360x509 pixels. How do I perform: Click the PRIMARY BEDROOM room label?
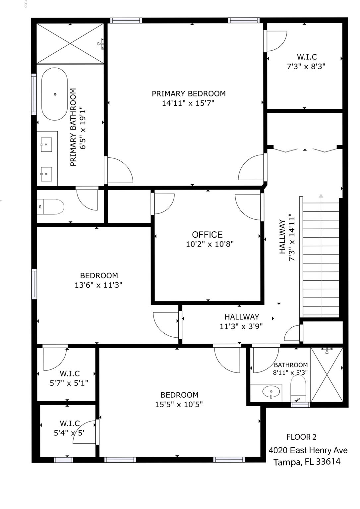coord(189,94)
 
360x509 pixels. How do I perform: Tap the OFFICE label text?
coord(207,235)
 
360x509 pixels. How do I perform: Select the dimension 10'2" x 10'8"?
coord(210,245)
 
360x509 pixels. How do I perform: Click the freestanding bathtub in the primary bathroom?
coord(54,94)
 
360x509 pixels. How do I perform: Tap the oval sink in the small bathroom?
coord(271,392)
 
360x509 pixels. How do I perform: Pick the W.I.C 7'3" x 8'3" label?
coord(306,62)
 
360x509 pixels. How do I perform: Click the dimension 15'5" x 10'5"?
coord(179,405)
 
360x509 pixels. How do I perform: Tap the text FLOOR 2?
coord(301,437)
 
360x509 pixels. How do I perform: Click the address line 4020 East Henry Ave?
coord(308,450)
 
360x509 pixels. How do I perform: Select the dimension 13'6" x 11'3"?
coord(98,285)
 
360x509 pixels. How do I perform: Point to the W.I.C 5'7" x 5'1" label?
coord(69,378)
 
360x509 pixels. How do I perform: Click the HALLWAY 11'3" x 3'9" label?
coord(241,322)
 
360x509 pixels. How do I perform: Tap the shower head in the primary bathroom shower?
coord(101,43)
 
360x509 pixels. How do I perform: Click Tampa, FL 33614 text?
coord(307,462)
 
